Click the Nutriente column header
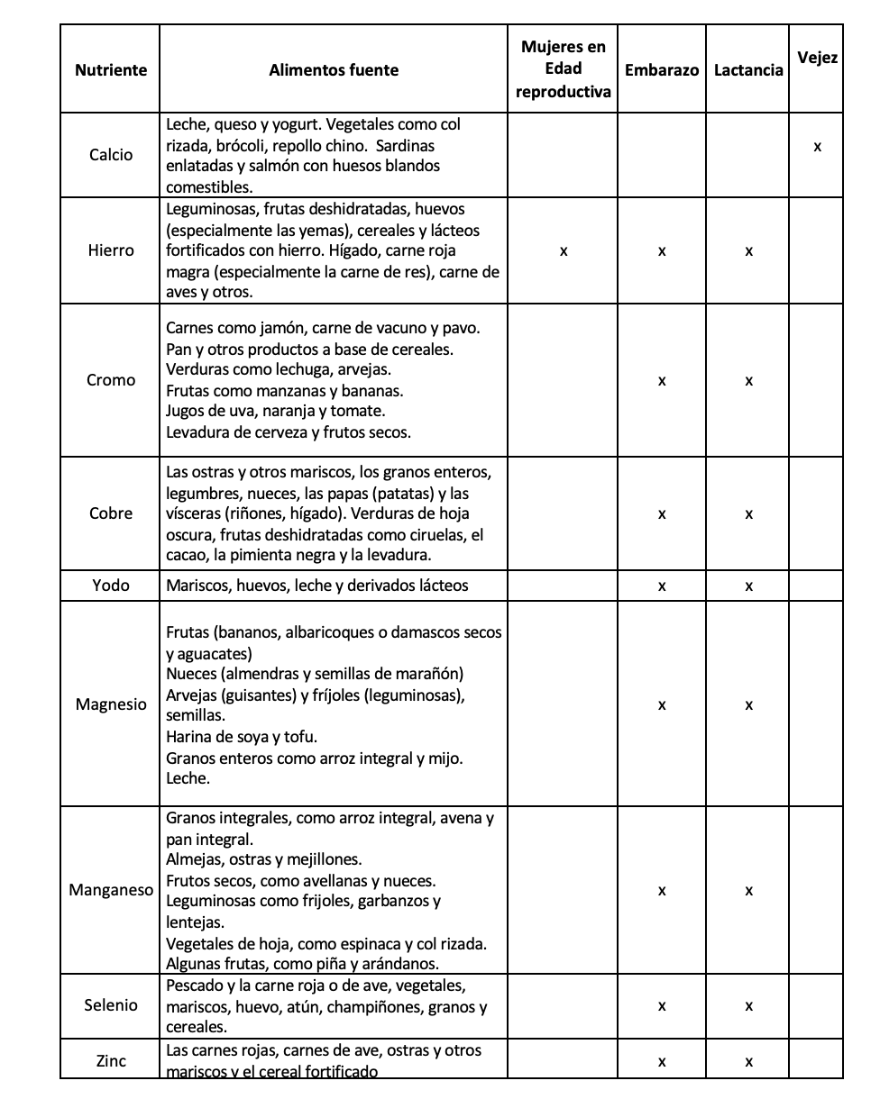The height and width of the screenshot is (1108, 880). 111,70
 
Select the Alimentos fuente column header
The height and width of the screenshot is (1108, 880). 334,70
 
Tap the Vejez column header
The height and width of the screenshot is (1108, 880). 817,58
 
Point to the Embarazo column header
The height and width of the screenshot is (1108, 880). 662,70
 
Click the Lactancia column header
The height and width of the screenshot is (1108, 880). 748,70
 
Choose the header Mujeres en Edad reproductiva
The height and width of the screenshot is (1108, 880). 564,68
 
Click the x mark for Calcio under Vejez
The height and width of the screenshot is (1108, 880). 817,147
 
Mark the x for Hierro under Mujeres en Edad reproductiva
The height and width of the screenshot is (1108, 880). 564,252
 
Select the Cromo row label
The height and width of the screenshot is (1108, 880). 111,380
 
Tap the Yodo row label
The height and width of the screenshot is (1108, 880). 111,586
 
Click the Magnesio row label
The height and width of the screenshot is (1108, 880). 111,704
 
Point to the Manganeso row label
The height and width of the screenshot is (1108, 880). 111,891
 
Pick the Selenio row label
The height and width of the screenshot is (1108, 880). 111,1005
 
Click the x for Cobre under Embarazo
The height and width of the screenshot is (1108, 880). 662,514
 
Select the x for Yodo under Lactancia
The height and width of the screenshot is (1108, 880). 748,586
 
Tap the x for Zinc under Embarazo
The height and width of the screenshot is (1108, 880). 662,1062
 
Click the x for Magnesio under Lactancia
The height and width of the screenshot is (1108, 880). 748,705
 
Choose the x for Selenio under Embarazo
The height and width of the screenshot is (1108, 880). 662,1006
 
